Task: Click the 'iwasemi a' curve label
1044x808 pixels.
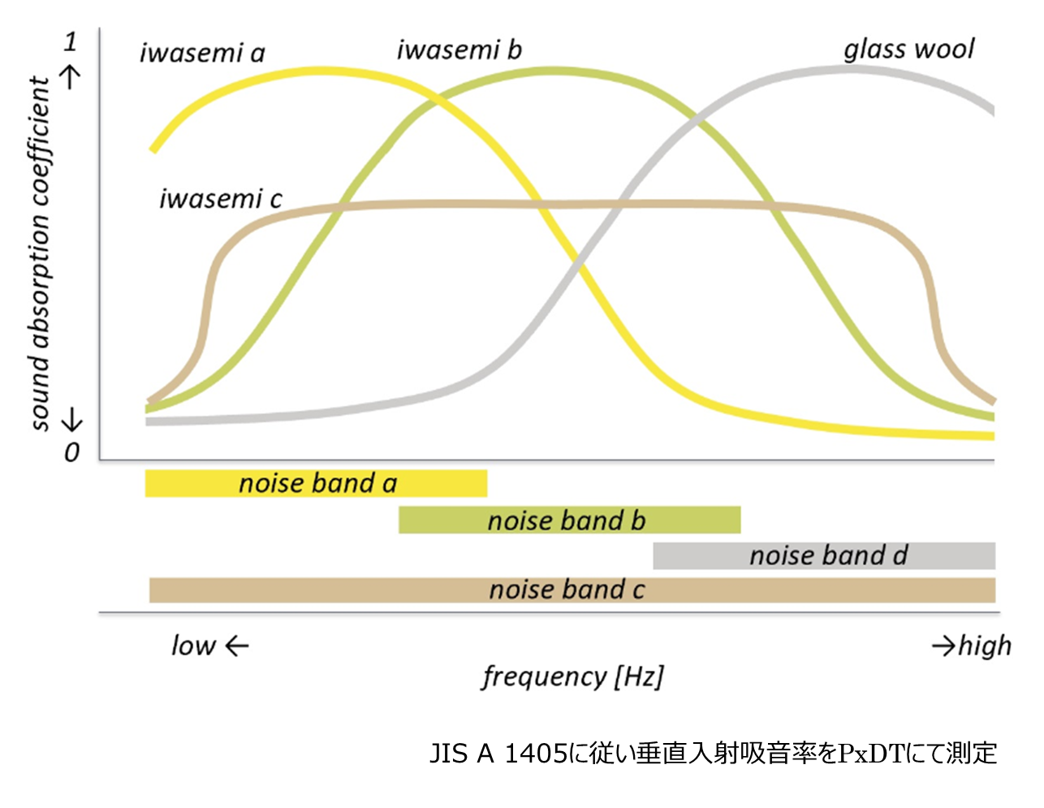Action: (202, 54)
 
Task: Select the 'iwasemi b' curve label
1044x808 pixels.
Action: (459, 50)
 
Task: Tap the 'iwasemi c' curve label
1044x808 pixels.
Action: (220, 199)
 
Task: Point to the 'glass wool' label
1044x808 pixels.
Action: (908, 50)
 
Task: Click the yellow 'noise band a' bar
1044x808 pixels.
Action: (316, 483)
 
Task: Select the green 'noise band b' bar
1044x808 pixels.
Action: (568, 520)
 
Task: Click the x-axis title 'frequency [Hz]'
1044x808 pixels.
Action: (572, 676)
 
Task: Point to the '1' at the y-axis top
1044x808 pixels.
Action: (71, 41)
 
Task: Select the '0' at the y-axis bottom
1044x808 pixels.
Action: (71, 452)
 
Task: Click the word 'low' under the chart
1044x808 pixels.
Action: (192, 646)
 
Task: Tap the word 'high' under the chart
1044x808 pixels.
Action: (985, 646)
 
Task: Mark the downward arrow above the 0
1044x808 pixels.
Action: (72, 419)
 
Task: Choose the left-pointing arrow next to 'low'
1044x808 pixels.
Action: (236, 646)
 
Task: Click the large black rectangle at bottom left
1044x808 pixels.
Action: (83, 766)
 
